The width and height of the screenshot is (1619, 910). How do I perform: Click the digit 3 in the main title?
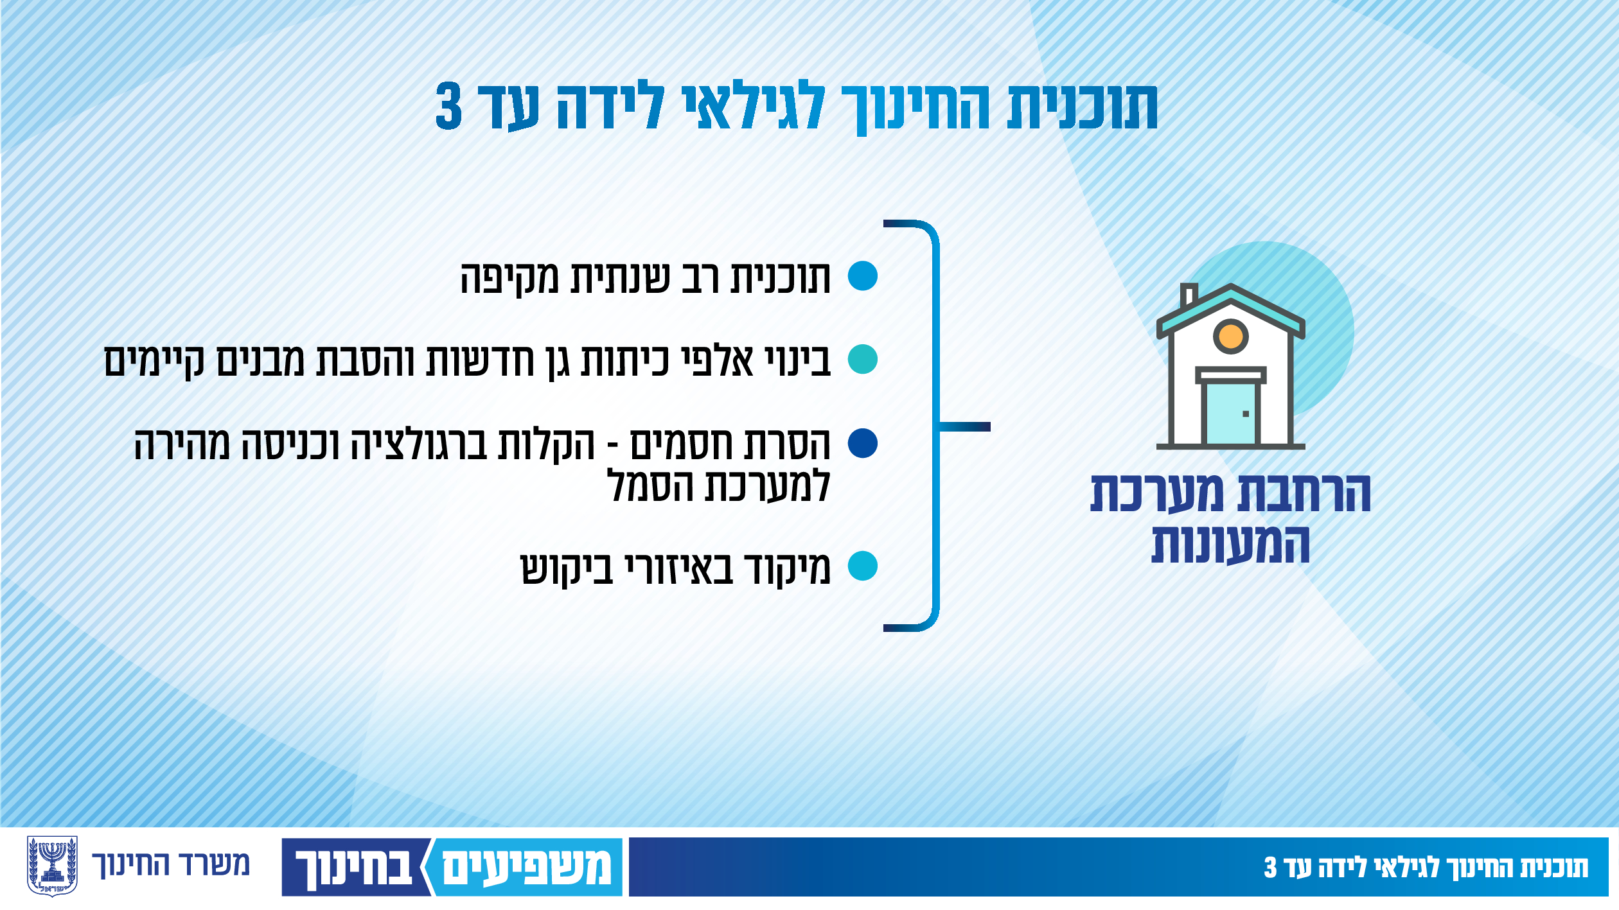448,107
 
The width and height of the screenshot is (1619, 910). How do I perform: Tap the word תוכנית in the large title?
1083,107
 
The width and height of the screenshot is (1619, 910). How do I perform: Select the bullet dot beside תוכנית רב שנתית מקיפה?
862,276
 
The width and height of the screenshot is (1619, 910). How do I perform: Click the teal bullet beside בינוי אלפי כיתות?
862,359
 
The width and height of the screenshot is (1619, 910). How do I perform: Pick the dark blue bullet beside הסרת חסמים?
862,443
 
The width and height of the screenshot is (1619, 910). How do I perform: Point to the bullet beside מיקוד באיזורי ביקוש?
862,566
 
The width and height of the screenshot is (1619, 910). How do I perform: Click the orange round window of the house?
1230,335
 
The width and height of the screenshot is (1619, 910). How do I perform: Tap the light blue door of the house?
1230,414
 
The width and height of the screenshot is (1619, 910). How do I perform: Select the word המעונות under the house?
1230,544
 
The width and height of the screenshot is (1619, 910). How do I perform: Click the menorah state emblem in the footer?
53,866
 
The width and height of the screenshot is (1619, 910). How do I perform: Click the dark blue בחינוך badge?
355,867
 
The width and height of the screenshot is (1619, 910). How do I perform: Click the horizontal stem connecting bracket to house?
965,427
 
